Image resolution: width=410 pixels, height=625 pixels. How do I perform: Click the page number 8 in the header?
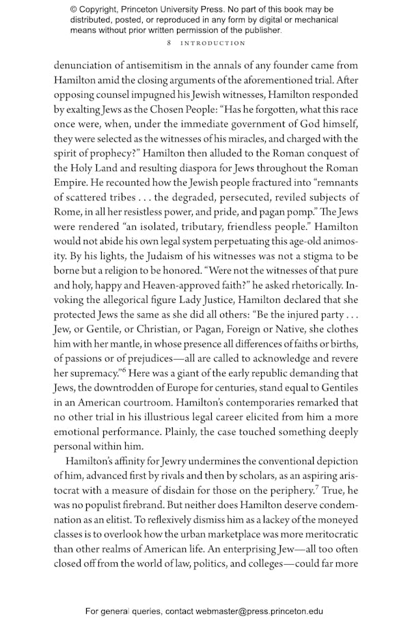(168, 43)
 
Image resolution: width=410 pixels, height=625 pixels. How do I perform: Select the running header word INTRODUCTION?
(213, 43)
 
